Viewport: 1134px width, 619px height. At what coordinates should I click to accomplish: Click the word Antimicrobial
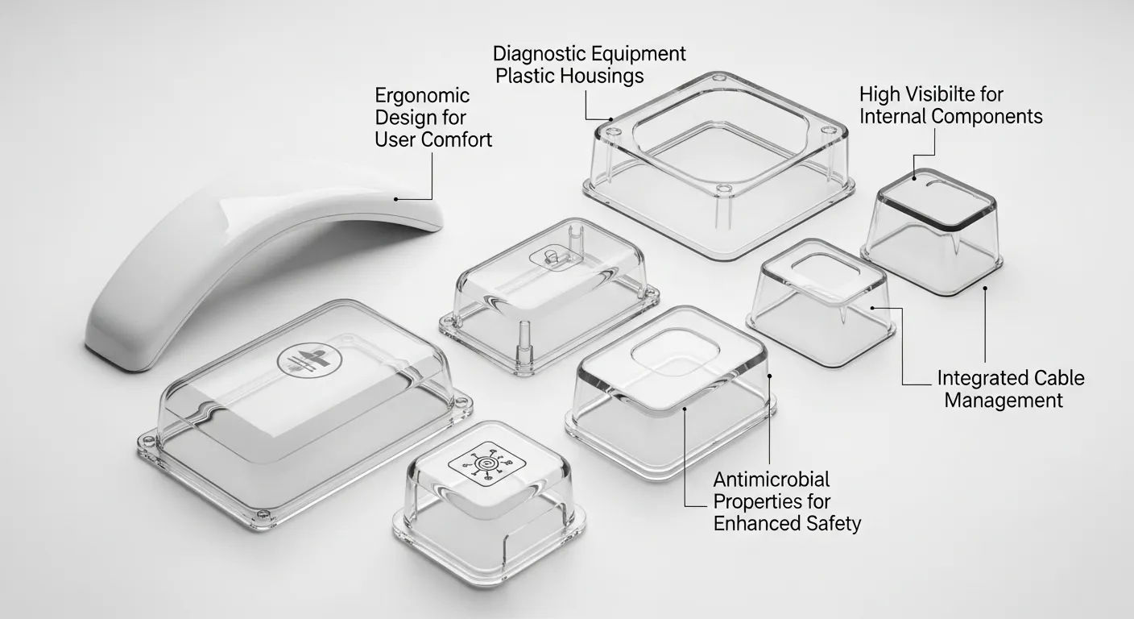tap(772, 480)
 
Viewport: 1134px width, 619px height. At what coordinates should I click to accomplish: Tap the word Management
tap(1004, 400)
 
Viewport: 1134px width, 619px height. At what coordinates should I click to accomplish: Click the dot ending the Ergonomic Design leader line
tap(395, 198)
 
